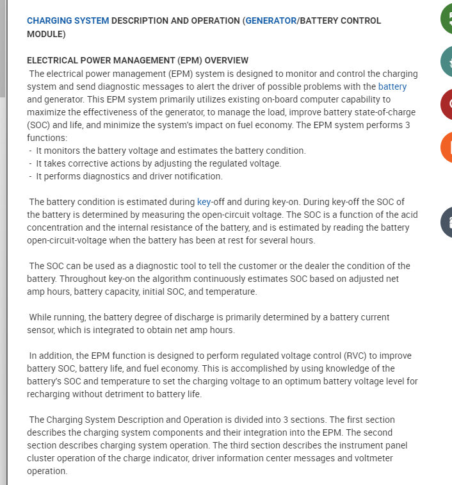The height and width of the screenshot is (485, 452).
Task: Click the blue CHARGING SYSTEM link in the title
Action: pyautogui.click(x=68, y=21)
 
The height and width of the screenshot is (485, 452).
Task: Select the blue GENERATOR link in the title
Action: pyautogui.click(x=271, y=21)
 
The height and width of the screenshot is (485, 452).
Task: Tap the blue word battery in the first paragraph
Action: pyautogui.click(x=392, y=86)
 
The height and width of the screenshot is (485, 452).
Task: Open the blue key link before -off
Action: pyautogui.click(x=204, y=202)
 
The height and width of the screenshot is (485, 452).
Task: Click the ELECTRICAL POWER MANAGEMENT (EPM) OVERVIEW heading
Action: pyautogui.click(x=138, y=60)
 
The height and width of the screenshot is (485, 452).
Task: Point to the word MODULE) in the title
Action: pyautogui.click(x=46, y=33)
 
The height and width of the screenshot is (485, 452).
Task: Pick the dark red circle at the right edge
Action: pyautogui.click(x=446, y=104)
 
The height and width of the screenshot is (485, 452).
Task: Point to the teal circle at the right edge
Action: pyautogui.click(x=446, y=62)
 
